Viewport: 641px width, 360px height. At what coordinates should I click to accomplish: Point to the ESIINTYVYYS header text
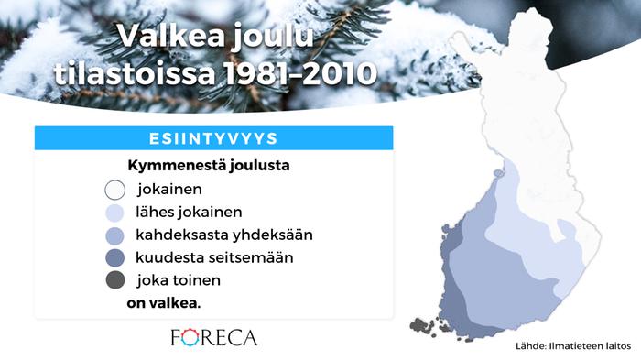tap(213, 138)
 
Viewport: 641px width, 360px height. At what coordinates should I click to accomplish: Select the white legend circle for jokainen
tap(114, 191)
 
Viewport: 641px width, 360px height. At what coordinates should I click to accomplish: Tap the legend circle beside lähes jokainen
tap(114, 213)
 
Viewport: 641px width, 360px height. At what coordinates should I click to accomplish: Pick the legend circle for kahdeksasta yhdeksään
tap(114, 235)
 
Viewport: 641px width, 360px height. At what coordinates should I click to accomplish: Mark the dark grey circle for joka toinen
tap(114, 280)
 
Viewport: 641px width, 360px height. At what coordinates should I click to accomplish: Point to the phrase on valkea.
tap(164, 302)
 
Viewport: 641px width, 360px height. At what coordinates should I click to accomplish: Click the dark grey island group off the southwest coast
tap(424, 324)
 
